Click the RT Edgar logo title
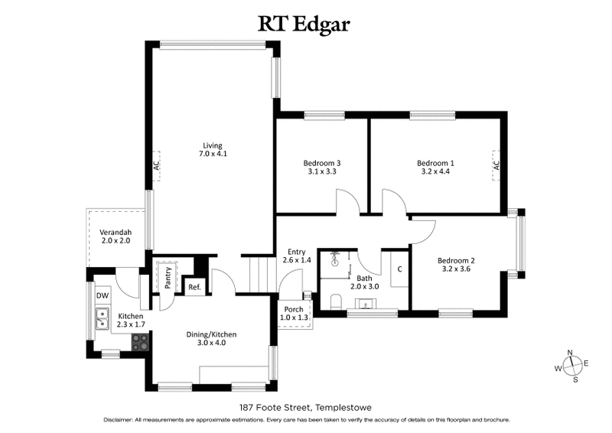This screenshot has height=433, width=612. [x=305, y=24]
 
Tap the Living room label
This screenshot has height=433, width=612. [x=212, y=145]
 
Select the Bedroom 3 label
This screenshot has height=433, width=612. [x=321, y=163]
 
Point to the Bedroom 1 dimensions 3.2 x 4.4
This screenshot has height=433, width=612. [x=435, y=172]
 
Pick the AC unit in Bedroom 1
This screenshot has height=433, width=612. [x=496, y=164]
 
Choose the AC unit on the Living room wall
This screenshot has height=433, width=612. [x=155, y=164]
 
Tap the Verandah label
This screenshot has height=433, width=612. [x=116, y=233]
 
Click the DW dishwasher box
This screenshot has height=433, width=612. [x=102, y=295]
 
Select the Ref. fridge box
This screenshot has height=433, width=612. [x=194, y=288]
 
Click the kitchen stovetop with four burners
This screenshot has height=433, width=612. [x=142, y=343]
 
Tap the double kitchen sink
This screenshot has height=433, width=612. [x=103, y=317]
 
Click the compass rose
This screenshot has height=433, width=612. [x=570, y=366]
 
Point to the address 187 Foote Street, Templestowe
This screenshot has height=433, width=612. [x=305, y=408]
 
